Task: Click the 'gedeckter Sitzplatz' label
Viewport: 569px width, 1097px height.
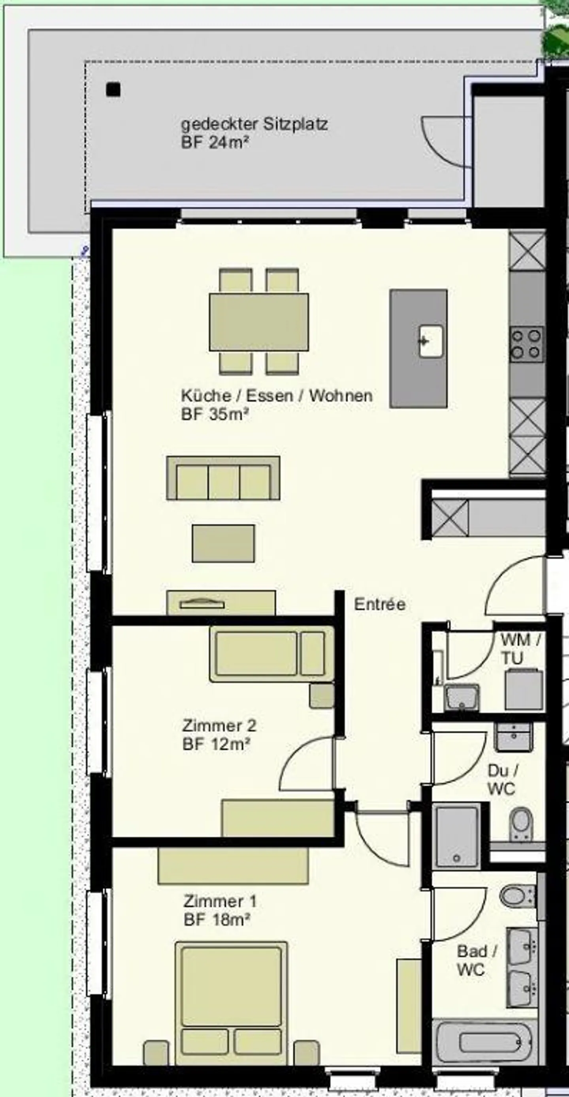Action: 254,124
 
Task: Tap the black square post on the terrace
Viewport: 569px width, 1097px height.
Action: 113,90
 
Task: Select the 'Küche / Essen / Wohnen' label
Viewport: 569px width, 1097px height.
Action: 277,396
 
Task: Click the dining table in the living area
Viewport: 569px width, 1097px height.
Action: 259,322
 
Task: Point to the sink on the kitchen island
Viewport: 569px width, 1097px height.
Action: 430,341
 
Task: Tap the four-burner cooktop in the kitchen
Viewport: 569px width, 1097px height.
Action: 527,344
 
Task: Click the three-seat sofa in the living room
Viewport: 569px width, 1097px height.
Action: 223,478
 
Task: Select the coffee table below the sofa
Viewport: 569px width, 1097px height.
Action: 223,544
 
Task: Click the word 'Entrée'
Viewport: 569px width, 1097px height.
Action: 380,604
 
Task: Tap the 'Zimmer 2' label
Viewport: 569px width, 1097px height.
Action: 219,726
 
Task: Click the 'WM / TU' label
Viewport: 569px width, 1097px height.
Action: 520,649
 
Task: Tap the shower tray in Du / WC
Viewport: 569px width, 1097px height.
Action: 456,836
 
